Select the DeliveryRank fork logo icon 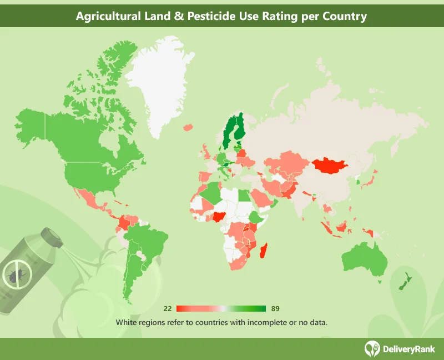[371, 348]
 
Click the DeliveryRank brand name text [408, 348]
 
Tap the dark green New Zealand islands [404, 280]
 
